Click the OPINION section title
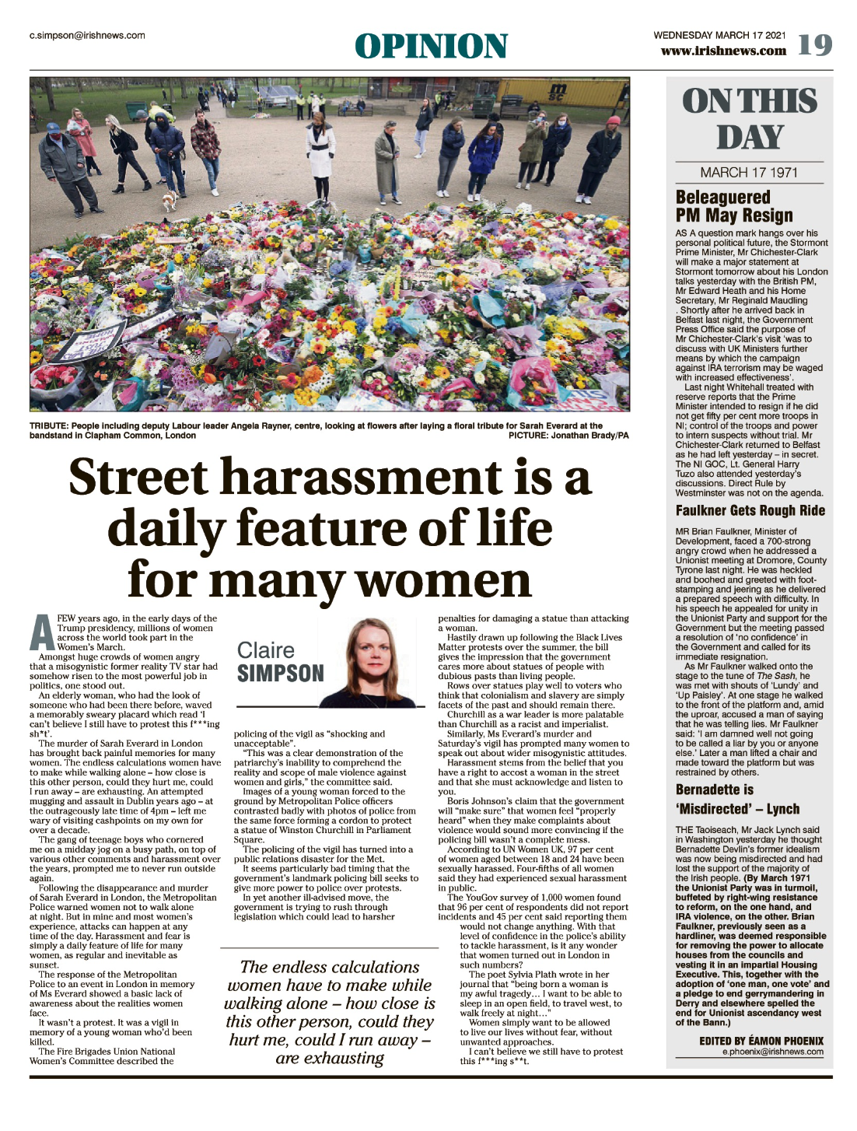point(431,47)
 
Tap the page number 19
point(814,46)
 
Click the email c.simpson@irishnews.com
point(87,35)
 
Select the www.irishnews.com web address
point(723,51)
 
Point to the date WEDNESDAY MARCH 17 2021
point(719,35)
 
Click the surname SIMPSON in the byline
point(280,674)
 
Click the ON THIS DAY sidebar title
point(750,119)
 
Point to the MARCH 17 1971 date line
point(749,173)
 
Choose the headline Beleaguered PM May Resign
point(733,206)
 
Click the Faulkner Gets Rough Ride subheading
point(750,511)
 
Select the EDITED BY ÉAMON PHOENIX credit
point(761,1041)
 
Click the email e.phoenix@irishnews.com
point(772,1052)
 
